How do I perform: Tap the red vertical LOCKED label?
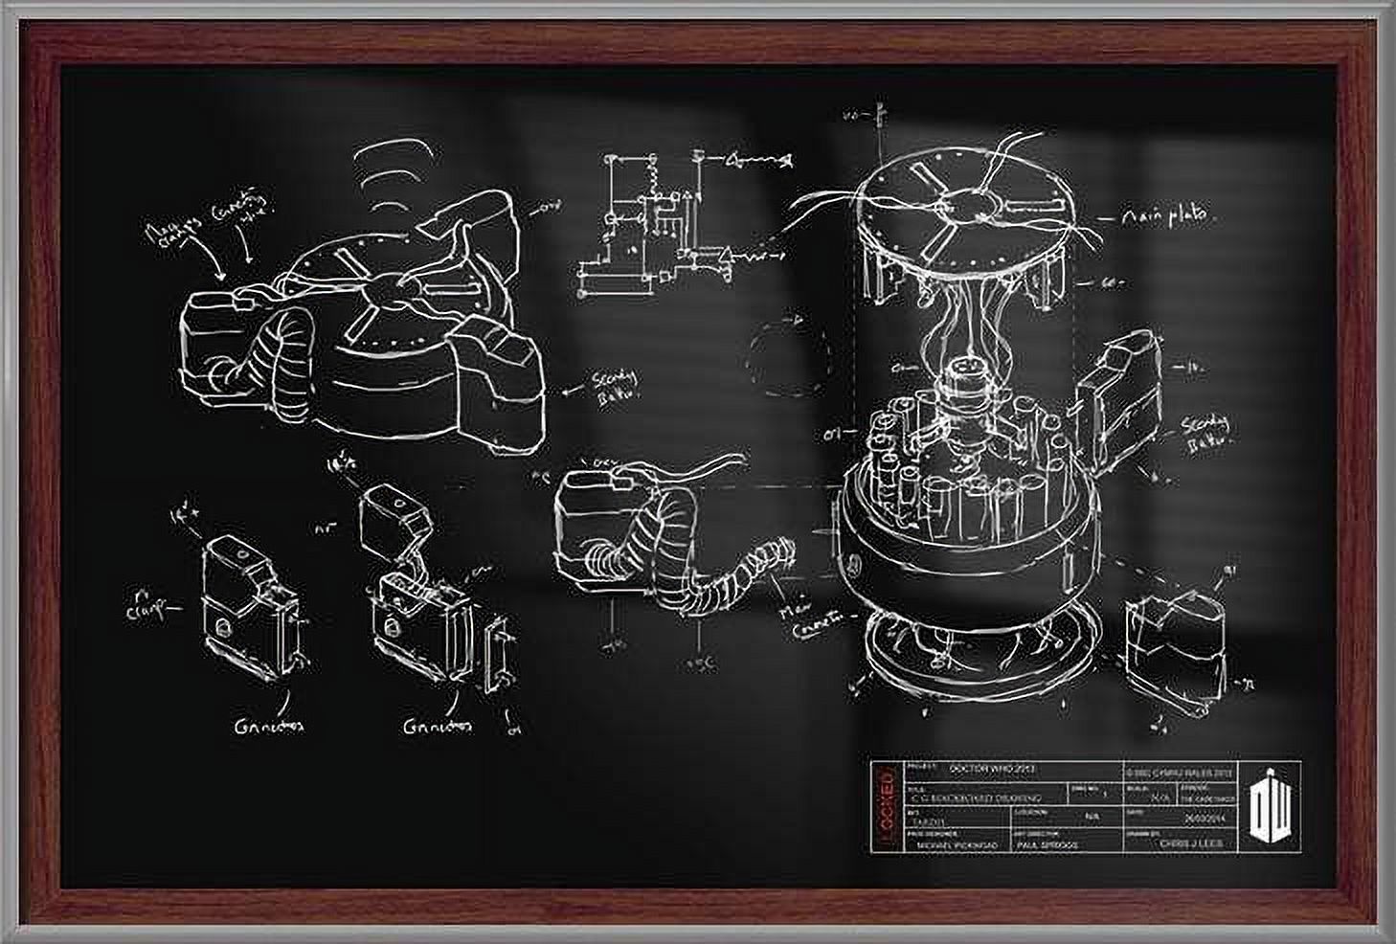tap(886, 805)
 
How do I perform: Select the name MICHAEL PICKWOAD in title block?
tap(957, 846)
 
